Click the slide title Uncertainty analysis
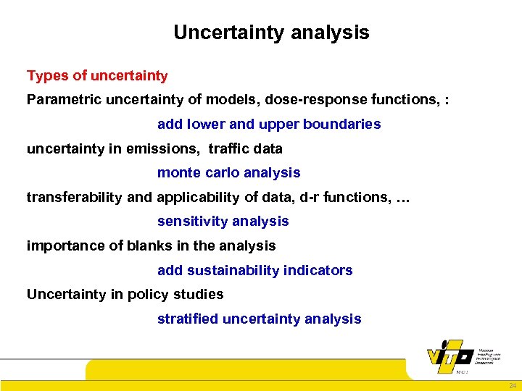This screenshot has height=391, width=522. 271,33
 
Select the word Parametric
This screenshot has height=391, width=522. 59,99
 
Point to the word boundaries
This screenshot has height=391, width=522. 341,124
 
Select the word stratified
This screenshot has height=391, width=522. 188,319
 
